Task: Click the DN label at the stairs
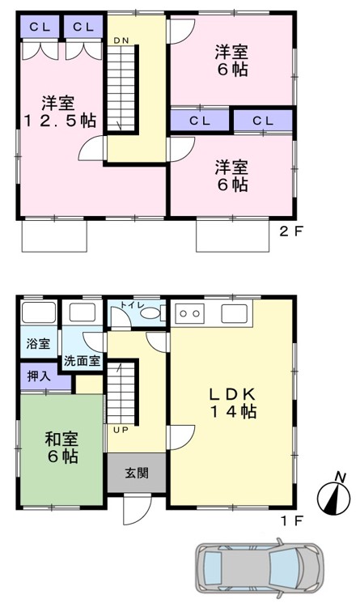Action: tap(121, 40)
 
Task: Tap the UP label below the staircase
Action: tap(121, 431)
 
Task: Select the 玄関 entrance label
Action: tap(137, 473)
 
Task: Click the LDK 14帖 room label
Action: tap(233, 402)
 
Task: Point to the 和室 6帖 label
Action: tap(61, 448)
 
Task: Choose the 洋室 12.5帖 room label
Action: tap(59, 112)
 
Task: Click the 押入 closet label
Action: tap(39, 376)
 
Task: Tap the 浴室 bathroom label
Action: tap(38, 343)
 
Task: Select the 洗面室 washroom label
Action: tap(82, 361)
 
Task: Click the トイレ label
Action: tap(133, 304)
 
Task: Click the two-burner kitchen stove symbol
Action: tap(190, 313)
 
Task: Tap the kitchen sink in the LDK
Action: tap(234, 313)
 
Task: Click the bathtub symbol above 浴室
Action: tap(39, 312)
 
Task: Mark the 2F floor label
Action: tap(291, 231)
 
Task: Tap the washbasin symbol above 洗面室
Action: tap(83, 312)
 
